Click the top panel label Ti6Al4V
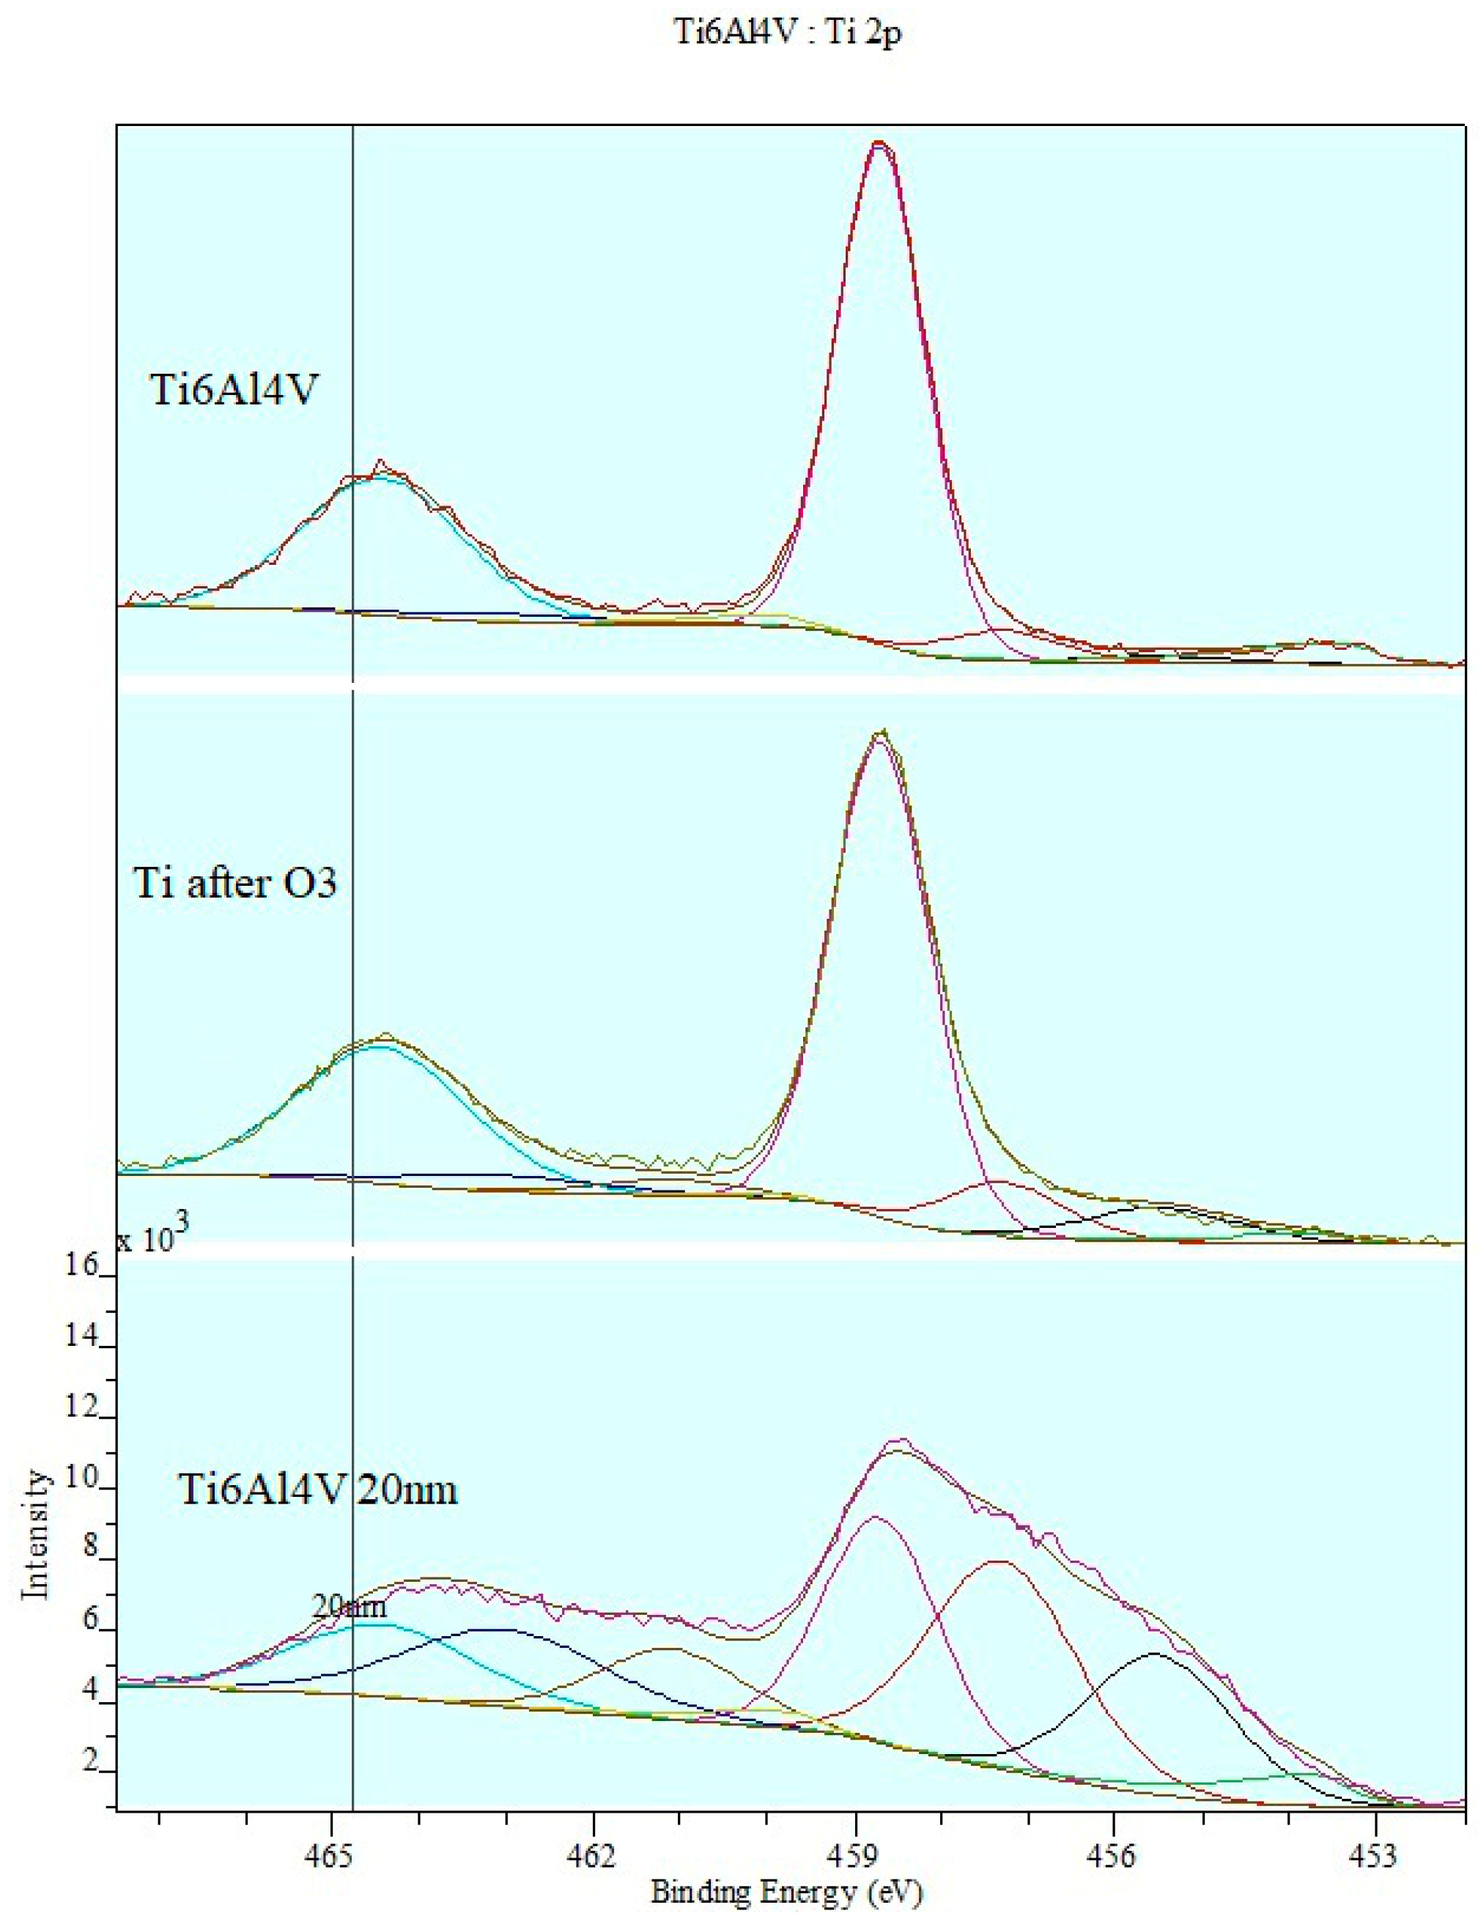(x=234, y=390)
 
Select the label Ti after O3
(x=235, y=883)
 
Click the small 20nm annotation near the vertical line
(x=350, y=1606)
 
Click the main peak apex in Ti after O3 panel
(x=881, y=732)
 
